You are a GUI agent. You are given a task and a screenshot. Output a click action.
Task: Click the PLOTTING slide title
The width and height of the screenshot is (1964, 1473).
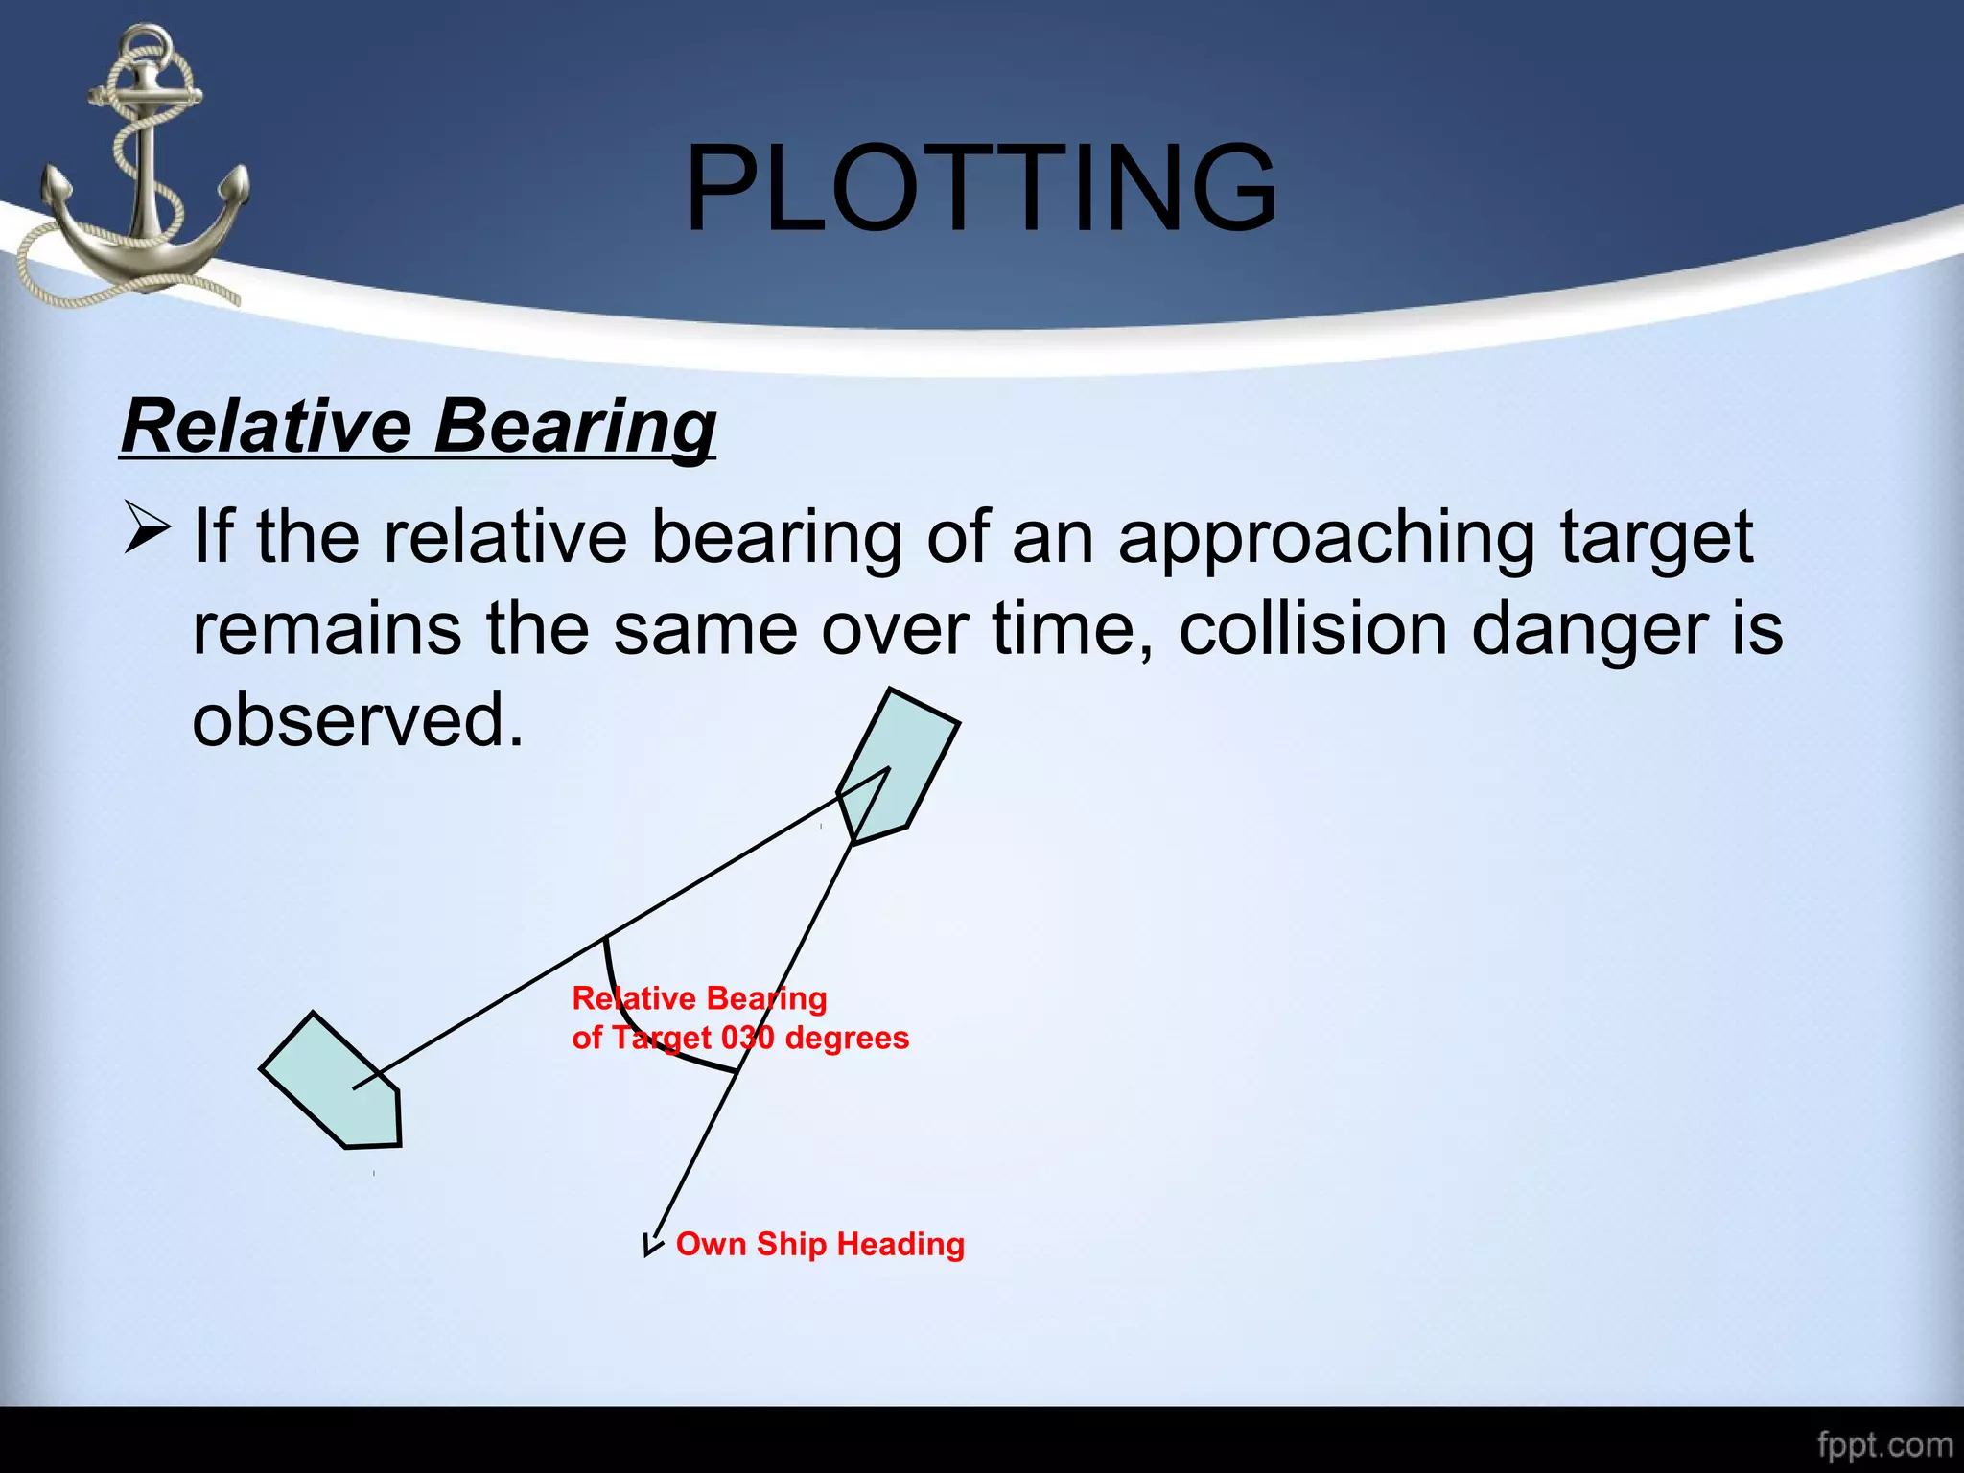click(980, 188)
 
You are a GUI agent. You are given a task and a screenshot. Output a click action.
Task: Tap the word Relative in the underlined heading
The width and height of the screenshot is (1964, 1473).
click(266, 427)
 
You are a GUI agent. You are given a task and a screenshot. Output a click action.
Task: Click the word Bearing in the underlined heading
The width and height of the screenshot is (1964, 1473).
click(574, 427)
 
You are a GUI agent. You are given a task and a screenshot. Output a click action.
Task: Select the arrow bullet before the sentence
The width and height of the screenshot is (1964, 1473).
click(147, 530)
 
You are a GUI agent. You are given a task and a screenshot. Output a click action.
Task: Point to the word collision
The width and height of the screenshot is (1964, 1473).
click(1312, 630)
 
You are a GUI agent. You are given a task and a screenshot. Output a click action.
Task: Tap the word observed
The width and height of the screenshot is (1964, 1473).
click(357, 720)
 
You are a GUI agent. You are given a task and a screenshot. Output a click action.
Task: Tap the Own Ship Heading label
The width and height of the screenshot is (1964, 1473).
click(820, 1244)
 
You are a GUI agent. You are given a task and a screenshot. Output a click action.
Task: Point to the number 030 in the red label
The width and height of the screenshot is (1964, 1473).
click(747, 1038)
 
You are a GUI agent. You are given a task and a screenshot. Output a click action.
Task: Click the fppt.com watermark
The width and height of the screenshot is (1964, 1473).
click(1884, 1444)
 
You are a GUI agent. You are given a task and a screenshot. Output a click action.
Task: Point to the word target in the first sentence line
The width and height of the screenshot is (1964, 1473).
click(1656, 539)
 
